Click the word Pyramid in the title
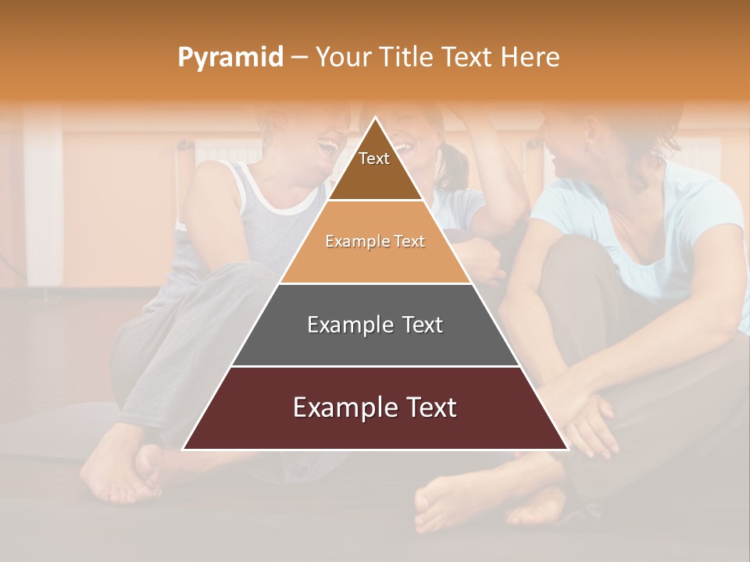[x=230, y=58]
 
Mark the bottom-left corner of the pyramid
[x=184, y=449]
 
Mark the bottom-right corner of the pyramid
[x=567, y=449]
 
